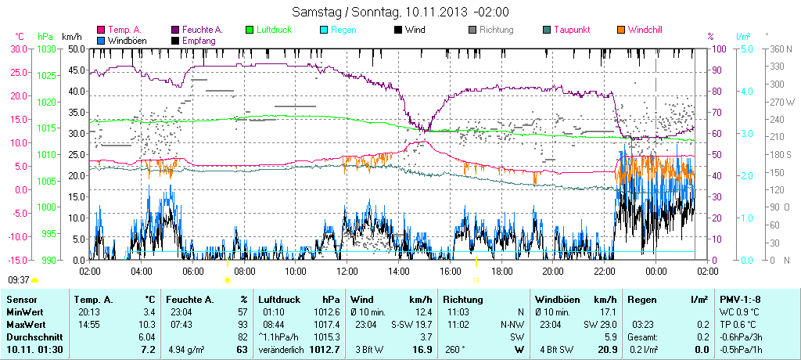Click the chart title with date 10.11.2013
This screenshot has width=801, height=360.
coord(400,12)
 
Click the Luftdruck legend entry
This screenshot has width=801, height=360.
coord(274,30)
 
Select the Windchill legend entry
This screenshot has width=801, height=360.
coord(645,30)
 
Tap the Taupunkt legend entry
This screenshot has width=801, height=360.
coord(571,30)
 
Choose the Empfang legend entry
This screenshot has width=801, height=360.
coord(199,40)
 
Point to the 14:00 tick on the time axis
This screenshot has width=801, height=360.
coord(398,271)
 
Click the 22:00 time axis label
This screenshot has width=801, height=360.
coord(604,271)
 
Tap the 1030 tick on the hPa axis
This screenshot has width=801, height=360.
coord(45,49)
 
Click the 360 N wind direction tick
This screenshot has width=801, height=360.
coord(781,49)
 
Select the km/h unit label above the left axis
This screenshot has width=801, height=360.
coord(72,36)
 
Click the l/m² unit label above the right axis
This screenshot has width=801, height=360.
coord(743,36)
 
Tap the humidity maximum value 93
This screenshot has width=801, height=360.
coord(242,324)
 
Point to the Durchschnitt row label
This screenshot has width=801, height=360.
coord(34,336)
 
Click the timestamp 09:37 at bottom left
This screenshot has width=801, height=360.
coord(18,279)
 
